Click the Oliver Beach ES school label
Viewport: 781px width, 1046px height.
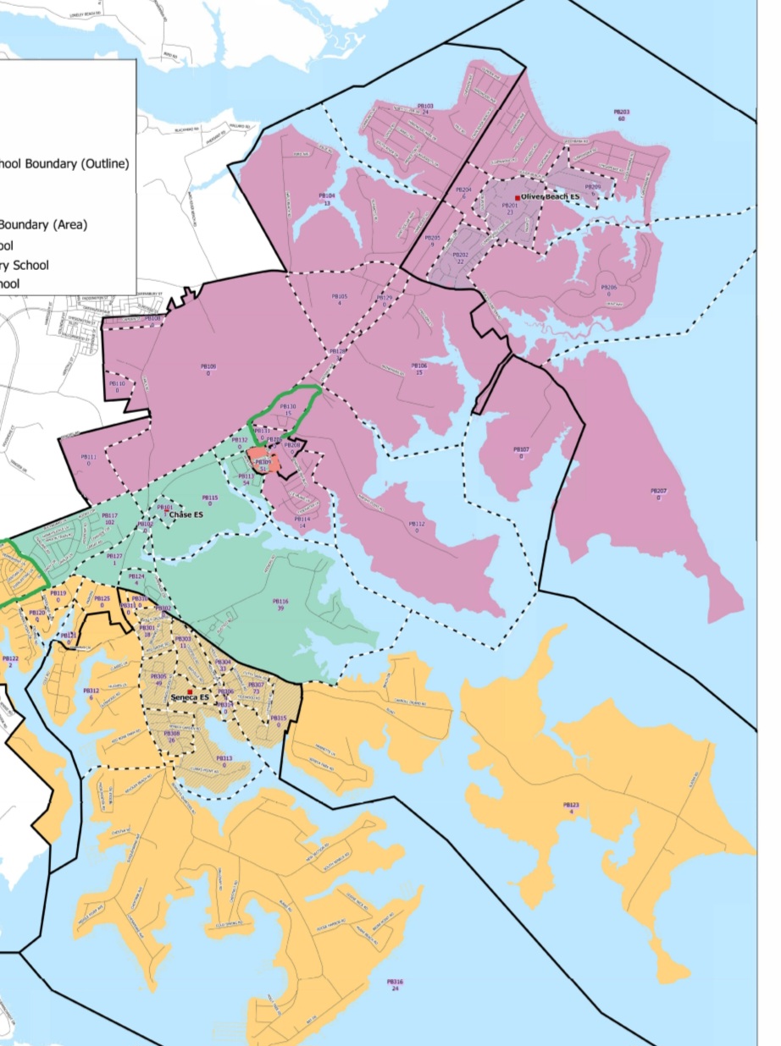point(551,196)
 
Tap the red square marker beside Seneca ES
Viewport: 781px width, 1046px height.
point(191,691)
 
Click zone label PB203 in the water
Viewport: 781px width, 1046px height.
point(621,112)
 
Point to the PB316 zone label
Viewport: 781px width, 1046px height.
point(395,983)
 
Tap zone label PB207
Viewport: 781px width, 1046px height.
point(658,491)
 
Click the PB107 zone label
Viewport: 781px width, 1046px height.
point(521,449)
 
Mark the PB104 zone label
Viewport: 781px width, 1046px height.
point(327,195)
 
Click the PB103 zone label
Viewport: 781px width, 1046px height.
point(425,107)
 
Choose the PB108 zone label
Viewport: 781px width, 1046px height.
point(208,366)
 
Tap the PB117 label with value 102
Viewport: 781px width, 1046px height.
point(109,515)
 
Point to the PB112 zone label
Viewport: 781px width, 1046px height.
point(417,524)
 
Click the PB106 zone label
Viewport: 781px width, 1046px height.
point(418,366)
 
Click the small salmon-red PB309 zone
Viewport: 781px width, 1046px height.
point(263,462)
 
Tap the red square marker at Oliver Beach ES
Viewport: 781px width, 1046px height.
point(517,197)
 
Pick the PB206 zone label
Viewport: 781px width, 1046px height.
point(608,288)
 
